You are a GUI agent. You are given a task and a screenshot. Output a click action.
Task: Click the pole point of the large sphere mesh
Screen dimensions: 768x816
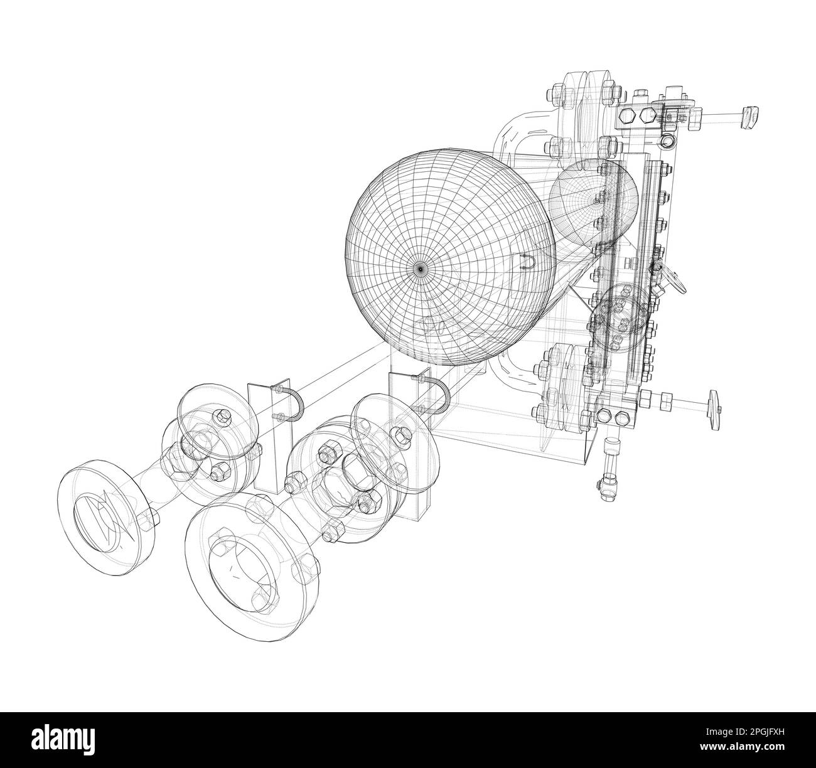[420, 268]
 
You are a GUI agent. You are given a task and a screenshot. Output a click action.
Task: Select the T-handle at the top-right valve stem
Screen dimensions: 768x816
[751, 117]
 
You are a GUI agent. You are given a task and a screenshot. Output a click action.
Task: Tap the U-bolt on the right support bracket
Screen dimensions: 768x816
[438, 398]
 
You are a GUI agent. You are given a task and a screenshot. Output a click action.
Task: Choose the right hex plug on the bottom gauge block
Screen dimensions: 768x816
[622, 417]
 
